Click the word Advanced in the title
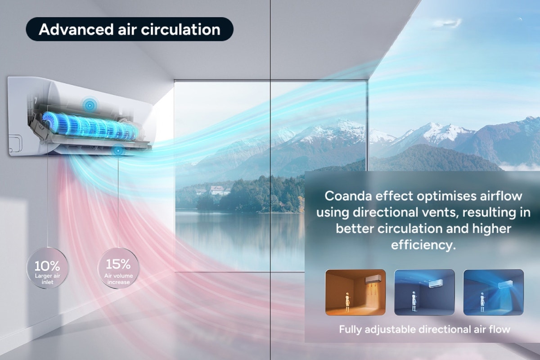(x=76, y=29)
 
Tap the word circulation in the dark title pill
(x=180, y=29)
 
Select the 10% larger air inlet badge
(x=48, y=268)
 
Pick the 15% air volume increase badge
(x=118, y=268)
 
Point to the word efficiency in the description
(x=423, y=245)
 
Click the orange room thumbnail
(x=355, y=292)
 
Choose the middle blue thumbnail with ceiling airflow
(x=424, y=292)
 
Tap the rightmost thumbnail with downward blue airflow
(x=494, y=292)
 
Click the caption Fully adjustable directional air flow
(x=424, y=329)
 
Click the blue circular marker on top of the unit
(x=90, y=105)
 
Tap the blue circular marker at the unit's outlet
(x=118, y=151)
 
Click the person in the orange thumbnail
(x=347, y=302)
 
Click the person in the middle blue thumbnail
(x=414, y=301)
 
